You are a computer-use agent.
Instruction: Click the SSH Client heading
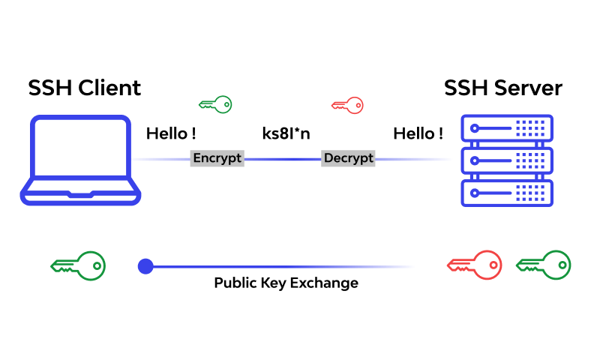click(84, 88)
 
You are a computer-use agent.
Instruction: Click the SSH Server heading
click(502, 88)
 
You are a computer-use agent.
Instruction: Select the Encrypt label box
click(217, 158)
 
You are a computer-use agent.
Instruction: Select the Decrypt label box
click(348, 158)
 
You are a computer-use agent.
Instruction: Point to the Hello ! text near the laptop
click(171, 134)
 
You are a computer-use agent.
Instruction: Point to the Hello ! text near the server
click(418, 134)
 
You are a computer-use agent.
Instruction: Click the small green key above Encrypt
click(215, 104)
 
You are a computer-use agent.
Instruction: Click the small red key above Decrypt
click(347, 104)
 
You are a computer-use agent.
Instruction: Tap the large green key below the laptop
click(78, 265)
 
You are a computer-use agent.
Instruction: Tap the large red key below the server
click(474, 265)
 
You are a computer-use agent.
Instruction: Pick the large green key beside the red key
click(544, 265)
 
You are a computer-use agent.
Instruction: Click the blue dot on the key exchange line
click(145, 265)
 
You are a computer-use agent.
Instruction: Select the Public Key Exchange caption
click(286, 283)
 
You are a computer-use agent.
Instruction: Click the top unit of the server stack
click(506, 128)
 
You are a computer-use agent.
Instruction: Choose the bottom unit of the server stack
click(506, 193)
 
